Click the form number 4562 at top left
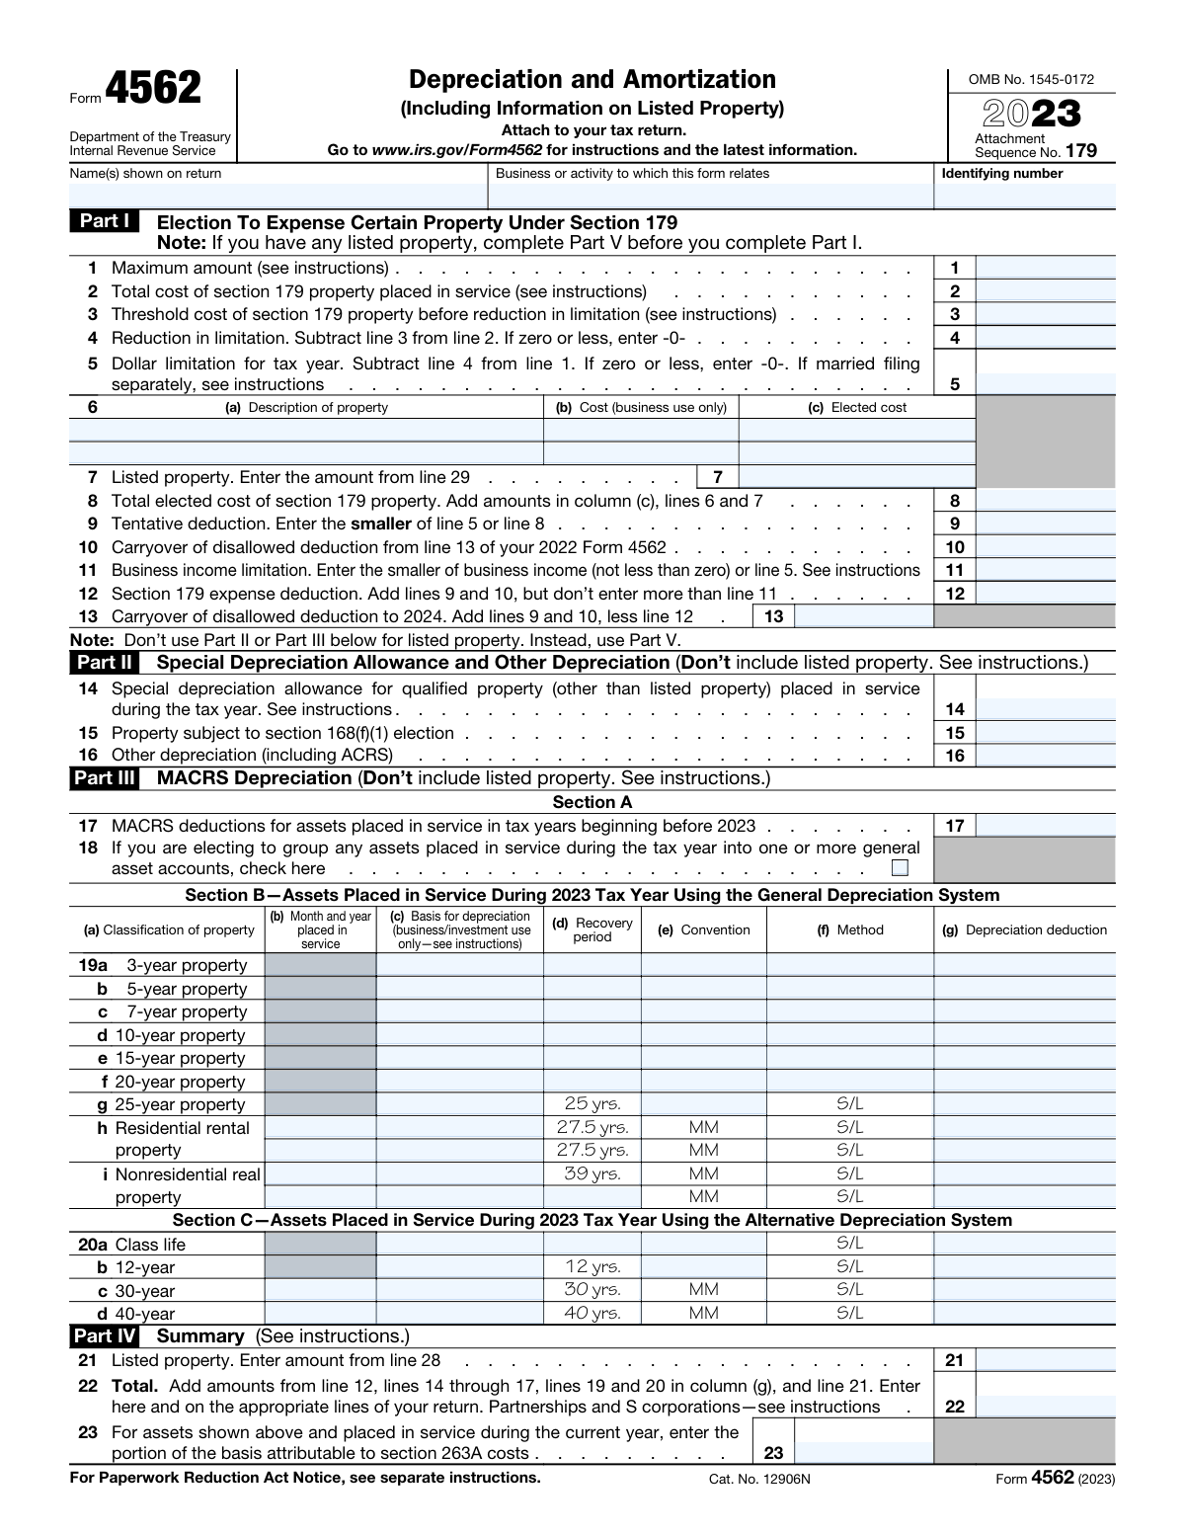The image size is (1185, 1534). coord(152,89)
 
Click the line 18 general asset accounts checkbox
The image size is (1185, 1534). coord(899,868)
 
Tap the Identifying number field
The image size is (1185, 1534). coord(1024,196)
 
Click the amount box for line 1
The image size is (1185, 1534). coord(1045,268)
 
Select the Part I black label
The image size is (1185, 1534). coord(104,221)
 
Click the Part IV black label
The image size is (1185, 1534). coord(105,1336)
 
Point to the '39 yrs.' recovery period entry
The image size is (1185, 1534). coord(592,1173)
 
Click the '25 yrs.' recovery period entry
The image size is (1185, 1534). coord(592,1104)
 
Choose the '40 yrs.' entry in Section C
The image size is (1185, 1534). coord(592,1313)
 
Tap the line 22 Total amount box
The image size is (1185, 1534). coord(1045,1407)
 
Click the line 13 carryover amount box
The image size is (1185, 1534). coord(863,616)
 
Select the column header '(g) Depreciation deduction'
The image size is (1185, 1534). coord(1024,929)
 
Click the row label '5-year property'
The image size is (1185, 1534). coord(186,989)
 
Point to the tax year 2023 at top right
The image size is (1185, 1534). coord(1031,115)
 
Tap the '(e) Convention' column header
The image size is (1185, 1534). coord(703,929)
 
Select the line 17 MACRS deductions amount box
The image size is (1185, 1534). coord(1045,826)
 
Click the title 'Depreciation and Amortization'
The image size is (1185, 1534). coord(592,80)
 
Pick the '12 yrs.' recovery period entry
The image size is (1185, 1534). coord(592,1266)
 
